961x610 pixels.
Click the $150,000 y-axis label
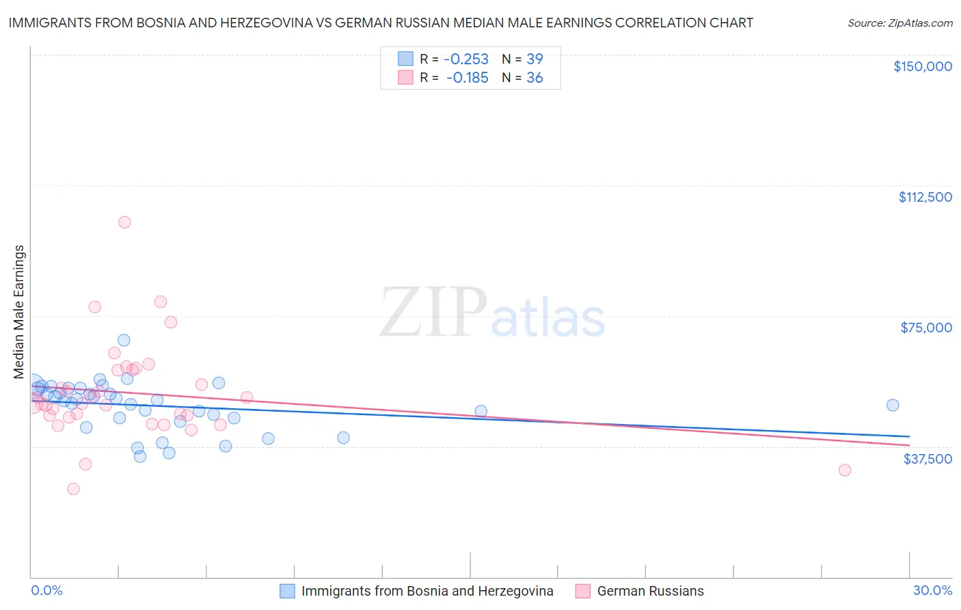point(922,66)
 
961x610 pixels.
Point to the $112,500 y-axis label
point(925,197)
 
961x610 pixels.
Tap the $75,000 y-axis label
point(926,328)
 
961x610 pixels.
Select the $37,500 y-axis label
point(928,459)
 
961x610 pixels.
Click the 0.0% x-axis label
point(46,591)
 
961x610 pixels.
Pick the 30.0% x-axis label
point(932,591)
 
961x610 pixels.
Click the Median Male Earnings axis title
point(19,312)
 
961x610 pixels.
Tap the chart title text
point(381,23)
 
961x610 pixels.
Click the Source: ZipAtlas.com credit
point(899,23)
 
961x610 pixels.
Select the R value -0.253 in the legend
point(466,59)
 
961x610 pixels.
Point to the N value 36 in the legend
point(534,78)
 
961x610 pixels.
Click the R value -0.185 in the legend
point(467,78)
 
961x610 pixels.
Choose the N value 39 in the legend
point(534,59)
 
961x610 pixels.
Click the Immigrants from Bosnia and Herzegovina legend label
point(427,591)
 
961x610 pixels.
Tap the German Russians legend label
point(650,591)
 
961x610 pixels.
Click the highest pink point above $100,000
point(124,222)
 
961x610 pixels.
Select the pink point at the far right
point(845,470)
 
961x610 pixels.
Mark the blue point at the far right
point(893,405)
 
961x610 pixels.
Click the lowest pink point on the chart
point(73,489)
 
